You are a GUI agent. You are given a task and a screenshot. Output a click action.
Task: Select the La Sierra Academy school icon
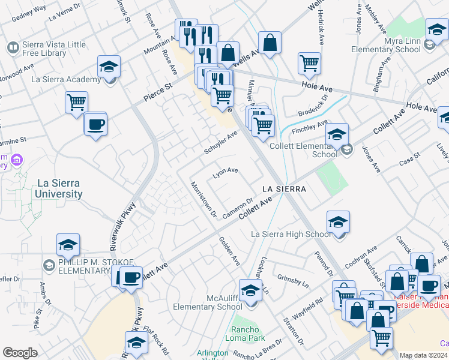pyautogui.click(x=109, y=67)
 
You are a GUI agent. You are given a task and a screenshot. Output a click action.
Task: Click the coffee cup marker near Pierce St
pyautogui.click(x=95, y=124)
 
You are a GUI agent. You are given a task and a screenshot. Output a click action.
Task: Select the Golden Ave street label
pyautogui.click(x=229, y=251)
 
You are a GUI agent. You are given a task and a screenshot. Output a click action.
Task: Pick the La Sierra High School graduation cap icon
pyautogui.click(x=339, y=222)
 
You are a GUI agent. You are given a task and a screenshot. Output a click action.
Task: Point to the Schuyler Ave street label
pyautogui.click(x=221, y=143)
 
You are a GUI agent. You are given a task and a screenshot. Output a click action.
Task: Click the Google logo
pyautogui.click(x=20, y=353)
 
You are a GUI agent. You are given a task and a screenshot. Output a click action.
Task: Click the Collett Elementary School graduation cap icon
pyautogui.click(x=337, y=133)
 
